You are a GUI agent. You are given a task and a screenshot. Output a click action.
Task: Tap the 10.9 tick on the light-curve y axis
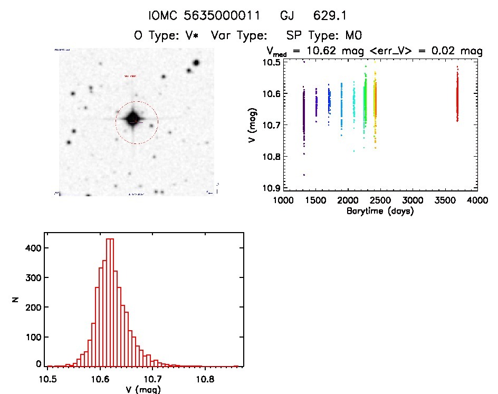coord(273,188)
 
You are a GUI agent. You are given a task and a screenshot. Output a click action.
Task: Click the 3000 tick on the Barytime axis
coord(413,200)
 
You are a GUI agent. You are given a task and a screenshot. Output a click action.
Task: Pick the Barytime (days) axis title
coord(380,211)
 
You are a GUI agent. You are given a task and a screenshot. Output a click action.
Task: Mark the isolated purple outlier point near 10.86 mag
coord(304,175)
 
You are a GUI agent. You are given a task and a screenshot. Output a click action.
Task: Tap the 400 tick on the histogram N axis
coord(35,248)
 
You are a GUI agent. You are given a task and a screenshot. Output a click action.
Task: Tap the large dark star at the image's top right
coord(196,63)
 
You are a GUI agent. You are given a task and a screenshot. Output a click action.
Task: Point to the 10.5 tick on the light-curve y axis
coord(273,62)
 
